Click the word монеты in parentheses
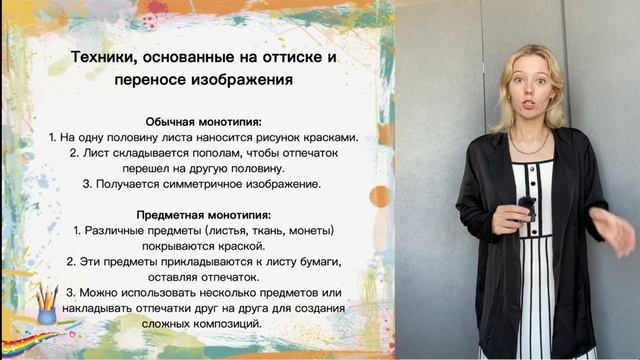pos(305,230)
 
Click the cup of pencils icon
pos(46,303)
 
